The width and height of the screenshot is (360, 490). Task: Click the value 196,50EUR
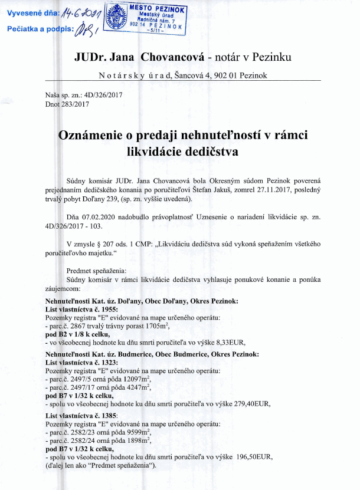(256, 458)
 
